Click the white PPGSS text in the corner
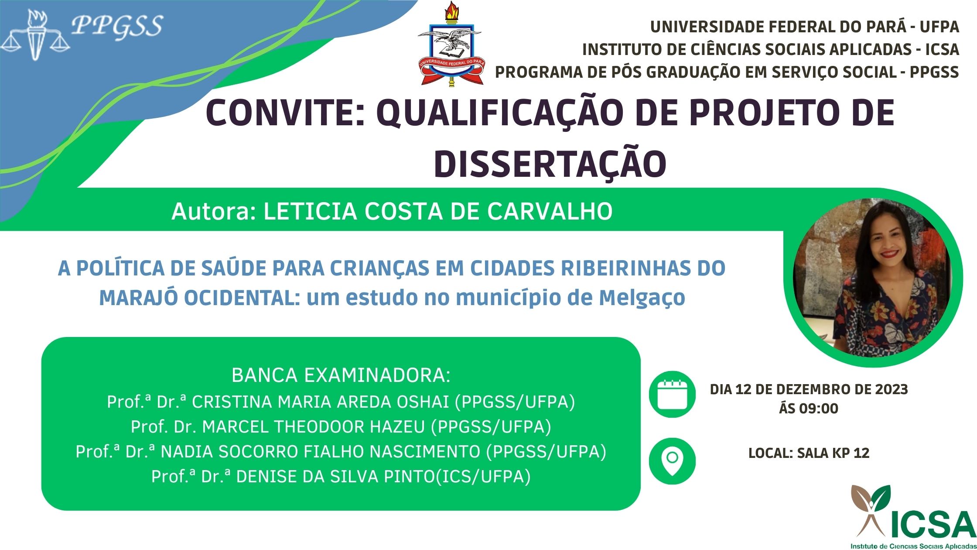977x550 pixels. click(117, 26)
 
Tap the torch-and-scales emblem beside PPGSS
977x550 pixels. click(35, 35)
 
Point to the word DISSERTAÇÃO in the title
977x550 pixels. click(550, 165)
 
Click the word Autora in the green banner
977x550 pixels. click(213, 212)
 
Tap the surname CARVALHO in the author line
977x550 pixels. click(550, 212)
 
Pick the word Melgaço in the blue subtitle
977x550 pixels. click(642, 298)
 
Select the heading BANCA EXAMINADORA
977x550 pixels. click(341, 375)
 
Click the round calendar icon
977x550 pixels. click(672, 395)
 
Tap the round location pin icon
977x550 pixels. click(672, 461)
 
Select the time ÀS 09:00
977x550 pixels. click(809, 409)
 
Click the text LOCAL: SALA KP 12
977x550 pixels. click(809, 453)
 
